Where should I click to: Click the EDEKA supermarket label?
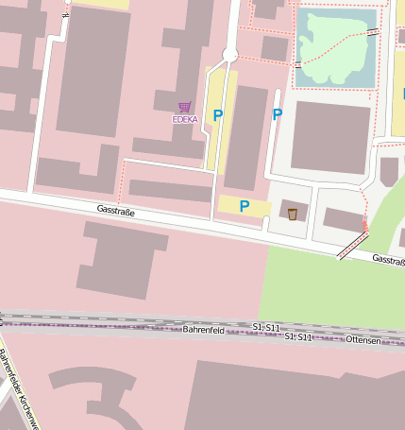coord(185,120)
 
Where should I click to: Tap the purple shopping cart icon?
coord(185,108)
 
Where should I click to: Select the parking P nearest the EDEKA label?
coord(218,115)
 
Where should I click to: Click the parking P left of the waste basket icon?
coord(245,206)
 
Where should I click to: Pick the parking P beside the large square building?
coord(278,114)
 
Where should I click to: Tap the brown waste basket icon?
coord(293,214)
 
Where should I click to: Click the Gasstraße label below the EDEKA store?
coord(116,211)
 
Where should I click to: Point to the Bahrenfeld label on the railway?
coord(204,330)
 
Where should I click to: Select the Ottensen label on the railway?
coord(363,339)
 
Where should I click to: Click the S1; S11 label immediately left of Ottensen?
coord(298,336)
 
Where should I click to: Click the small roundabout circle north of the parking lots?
coord(229,55)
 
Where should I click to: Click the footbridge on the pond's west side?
coord(298,65)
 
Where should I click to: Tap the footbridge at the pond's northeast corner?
coord(374,31)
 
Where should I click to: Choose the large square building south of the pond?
coord(330,137)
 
